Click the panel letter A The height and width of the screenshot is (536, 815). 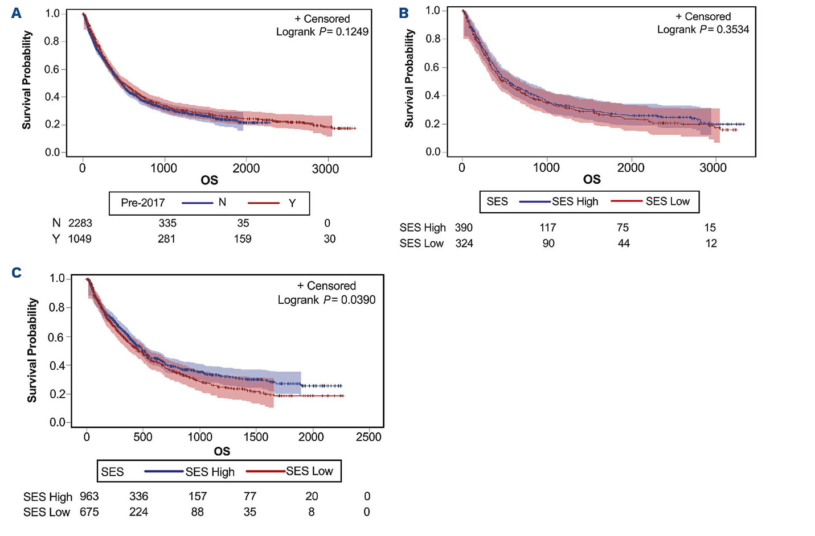17,13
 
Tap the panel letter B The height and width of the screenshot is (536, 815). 404,13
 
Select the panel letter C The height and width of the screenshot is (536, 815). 17,273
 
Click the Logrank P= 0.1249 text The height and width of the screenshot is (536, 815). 322,32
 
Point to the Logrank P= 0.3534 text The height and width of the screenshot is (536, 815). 703,30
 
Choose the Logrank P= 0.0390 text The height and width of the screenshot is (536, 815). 326,300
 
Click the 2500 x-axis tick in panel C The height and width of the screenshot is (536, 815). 368,437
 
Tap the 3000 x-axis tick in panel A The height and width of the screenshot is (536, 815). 325,168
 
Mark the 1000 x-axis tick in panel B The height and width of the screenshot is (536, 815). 546,167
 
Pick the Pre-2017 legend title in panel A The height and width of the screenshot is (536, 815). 143,203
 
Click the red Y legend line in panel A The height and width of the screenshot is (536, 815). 264,203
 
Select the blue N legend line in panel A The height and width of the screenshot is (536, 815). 197,203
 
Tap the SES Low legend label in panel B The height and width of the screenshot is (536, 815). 667,201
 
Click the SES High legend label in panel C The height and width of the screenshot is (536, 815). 210,472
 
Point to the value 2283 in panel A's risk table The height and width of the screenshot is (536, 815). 80,223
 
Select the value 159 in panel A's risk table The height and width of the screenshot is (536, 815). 243,239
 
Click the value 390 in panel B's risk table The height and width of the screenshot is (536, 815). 464,228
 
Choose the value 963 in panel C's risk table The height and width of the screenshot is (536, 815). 89,496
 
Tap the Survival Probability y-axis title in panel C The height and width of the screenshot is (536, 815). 32,350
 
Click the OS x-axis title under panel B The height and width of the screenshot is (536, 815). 592,180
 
